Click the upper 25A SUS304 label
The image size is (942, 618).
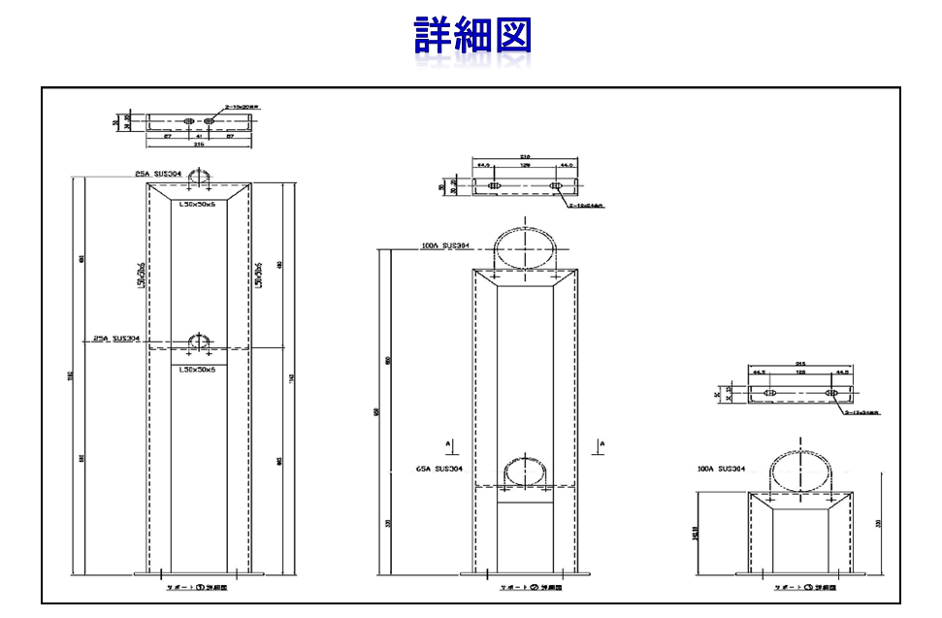158,174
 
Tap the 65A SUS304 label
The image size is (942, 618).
437,469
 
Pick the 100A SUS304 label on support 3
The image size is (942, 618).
721,469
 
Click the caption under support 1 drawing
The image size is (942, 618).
198,588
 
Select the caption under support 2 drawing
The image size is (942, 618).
527,588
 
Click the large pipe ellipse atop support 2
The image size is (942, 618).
527,247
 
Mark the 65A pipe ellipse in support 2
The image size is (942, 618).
527,472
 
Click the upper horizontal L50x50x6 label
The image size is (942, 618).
198,204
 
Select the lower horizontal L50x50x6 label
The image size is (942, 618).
198,370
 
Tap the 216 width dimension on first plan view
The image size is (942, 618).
198,144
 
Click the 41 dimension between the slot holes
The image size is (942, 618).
198,137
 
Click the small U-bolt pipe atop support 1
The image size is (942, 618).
199,177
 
